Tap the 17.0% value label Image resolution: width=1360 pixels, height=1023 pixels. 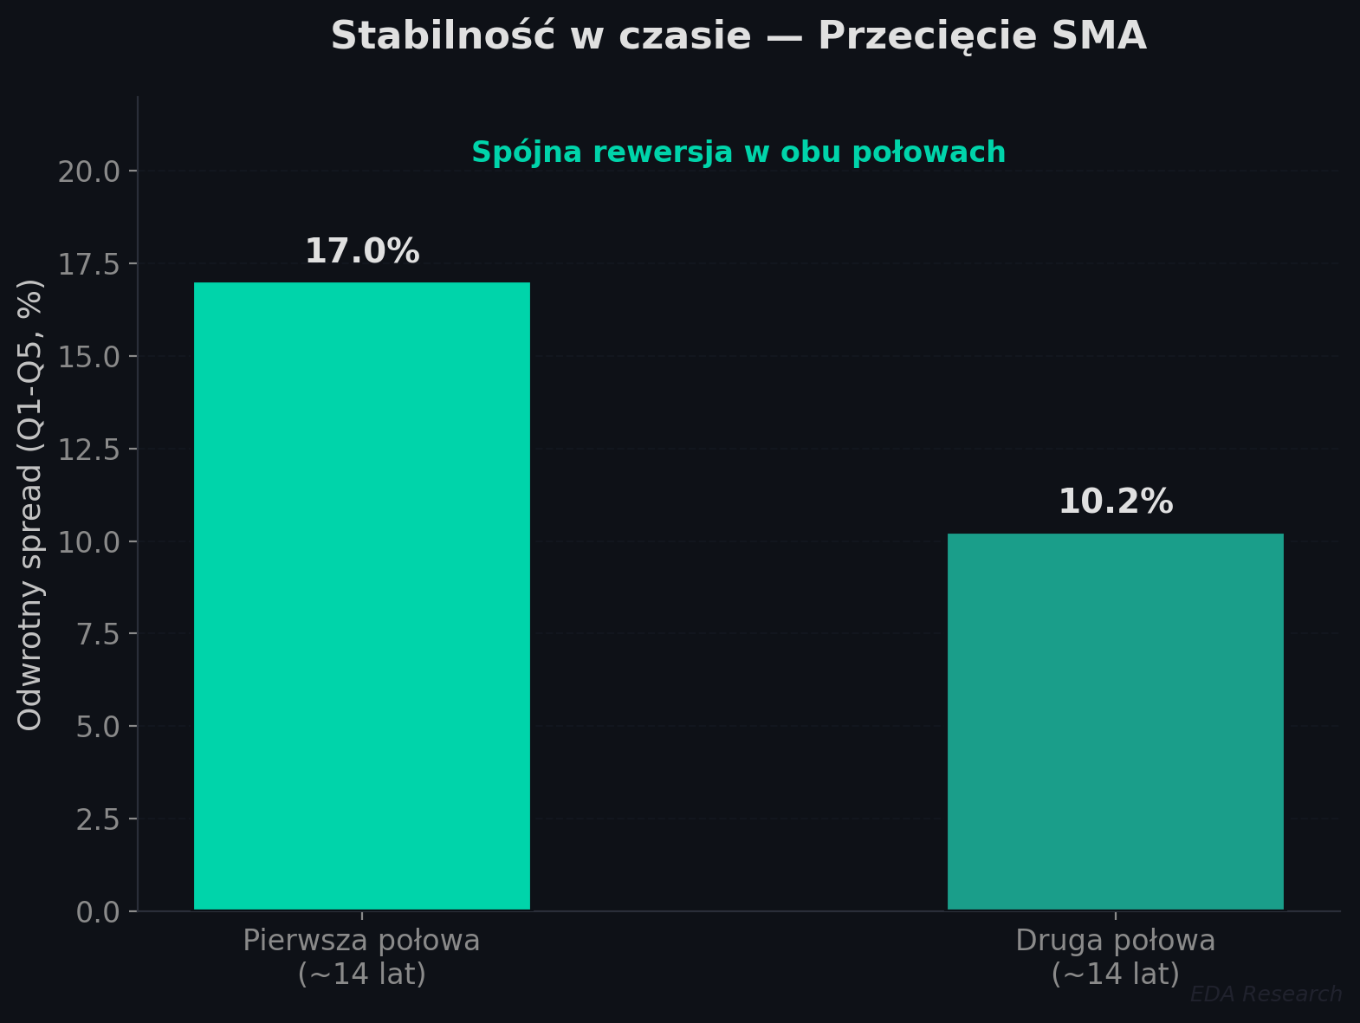(362, 252)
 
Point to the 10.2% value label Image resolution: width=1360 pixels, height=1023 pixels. (1116, 502)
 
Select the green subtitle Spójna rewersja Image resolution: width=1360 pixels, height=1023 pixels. (738, 152)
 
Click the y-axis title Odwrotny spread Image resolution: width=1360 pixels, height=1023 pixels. (30, 504)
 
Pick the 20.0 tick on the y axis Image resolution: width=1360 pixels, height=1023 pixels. (89, 172)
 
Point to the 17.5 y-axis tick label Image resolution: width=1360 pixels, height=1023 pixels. (89, 264)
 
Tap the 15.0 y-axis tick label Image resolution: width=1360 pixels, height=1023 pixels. (89, 357)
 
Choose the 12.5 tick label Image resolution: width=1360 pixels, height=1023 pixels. (89, 450)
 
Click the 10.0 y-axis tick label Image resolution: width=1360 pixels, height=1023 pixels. (89, 542)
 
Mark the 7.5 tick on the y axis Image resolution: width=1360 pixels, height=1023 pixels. (98, 634)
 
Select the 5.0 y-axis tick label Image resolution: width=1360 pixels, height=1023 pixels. (98, 727)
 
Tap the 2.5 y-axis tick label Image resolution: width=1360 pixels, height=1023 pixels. (98, 819)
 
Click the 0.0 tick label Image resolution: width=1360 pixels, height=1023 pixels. (98, 912)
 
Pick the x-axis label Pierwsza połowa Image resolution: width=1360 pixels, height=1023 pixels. (361, 957)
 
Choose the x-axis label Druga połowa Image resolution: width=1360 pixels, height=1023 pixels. (1115, 957)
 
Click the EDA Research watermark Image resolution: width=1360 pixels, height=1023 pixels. (1266, 994)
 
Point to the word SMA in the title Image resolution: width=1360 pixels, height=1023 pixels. (1099, 36)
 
